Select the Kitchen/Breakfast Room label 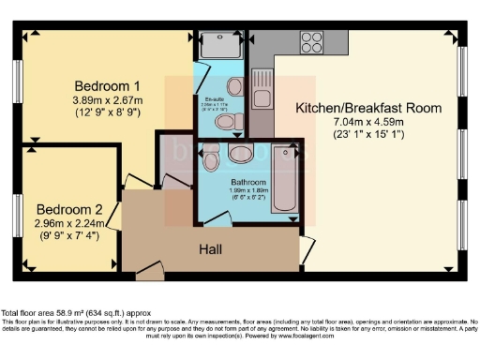click(367, 108)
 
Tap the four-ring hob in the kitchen click(311, 41)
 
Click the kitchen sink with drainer click(262, 89)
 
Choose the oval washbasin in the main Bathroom click(240, 152)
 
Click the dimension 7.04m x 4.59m click(368, 122)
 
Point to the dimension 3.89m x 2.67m click(108, 99)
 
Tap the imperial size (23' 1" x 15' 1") click(368, 135)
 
